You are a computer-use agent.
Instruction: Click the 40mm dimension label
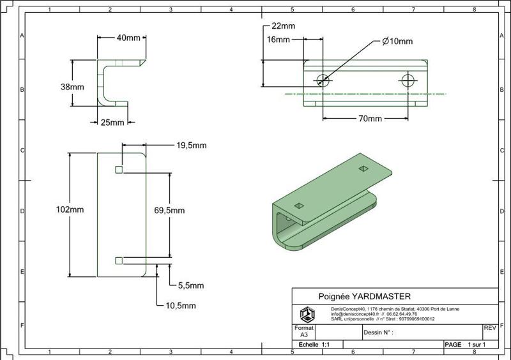pyautogui.click(x=128, y=38)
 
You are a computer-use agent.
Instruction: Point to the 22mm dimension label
pyautogui.click(x=283, y=26)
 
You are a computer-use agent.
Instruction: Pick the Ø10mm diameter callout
pyautogui.click(x=397, y=41)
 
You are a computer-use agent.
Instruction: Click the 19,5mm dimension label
pyautogui.click(x=191, y=146)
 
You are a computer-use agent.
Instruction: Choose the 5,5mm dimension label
pyautogui.click(x=190, y=285)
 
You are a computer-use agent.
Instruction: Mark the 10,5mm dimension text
pyautogui.click(x=181, y=306)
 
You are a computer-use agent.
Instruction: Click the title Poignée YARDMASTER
pyautogui.click(x=364, y=296)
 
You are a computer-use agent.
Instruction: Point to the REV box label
pyautogui.click(x=490, y=328)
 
